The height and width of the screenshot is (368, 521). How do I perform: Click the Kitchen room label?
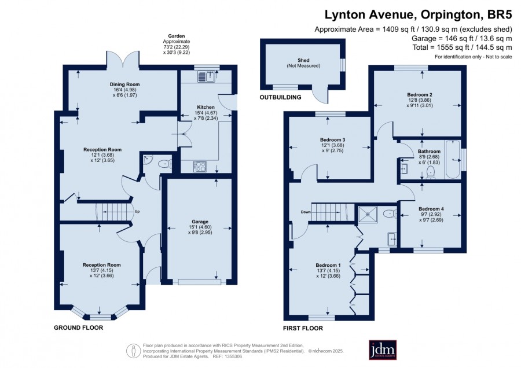[x=206, y=107]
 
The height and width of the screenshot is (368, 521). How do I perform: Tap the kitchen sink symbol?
[x=207, y=77]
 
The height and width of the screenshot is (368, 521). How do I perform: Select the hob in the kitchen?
[x=200, y=167]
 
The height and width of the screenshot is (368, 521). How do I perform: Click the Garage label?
[x=200, y=222]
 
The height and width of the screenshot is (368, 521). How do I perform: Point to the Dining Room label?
[x=125, y=84]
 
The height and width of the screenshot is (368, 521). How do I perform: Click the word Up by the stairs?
[x=137, y=212]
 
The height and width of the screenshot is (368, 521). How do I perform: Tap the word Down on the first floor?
[x=306, y=212]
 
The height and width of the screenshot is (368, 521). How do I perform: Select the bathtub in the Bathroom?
[x=453, y=160]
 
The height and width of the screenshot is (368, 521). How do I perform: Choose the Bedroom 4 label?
[x=431, y=209]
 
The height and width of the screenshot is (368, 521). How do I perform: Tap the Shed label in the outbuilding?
[x=303, y=60]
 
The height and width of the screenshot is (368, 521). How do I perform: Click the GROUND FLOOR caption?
[x=78, y=328]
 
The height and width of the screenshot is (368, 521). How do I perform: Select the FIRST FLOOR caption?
[x=303, y=329]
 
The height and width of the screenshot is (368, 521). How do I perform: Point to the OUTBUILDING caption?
[x=280, y=97]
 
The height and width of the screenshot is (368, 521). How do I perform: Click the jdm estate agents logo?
[x=383, y=349]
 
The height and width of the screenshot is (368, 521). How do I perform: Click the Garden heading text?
[x=177, y=36]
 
